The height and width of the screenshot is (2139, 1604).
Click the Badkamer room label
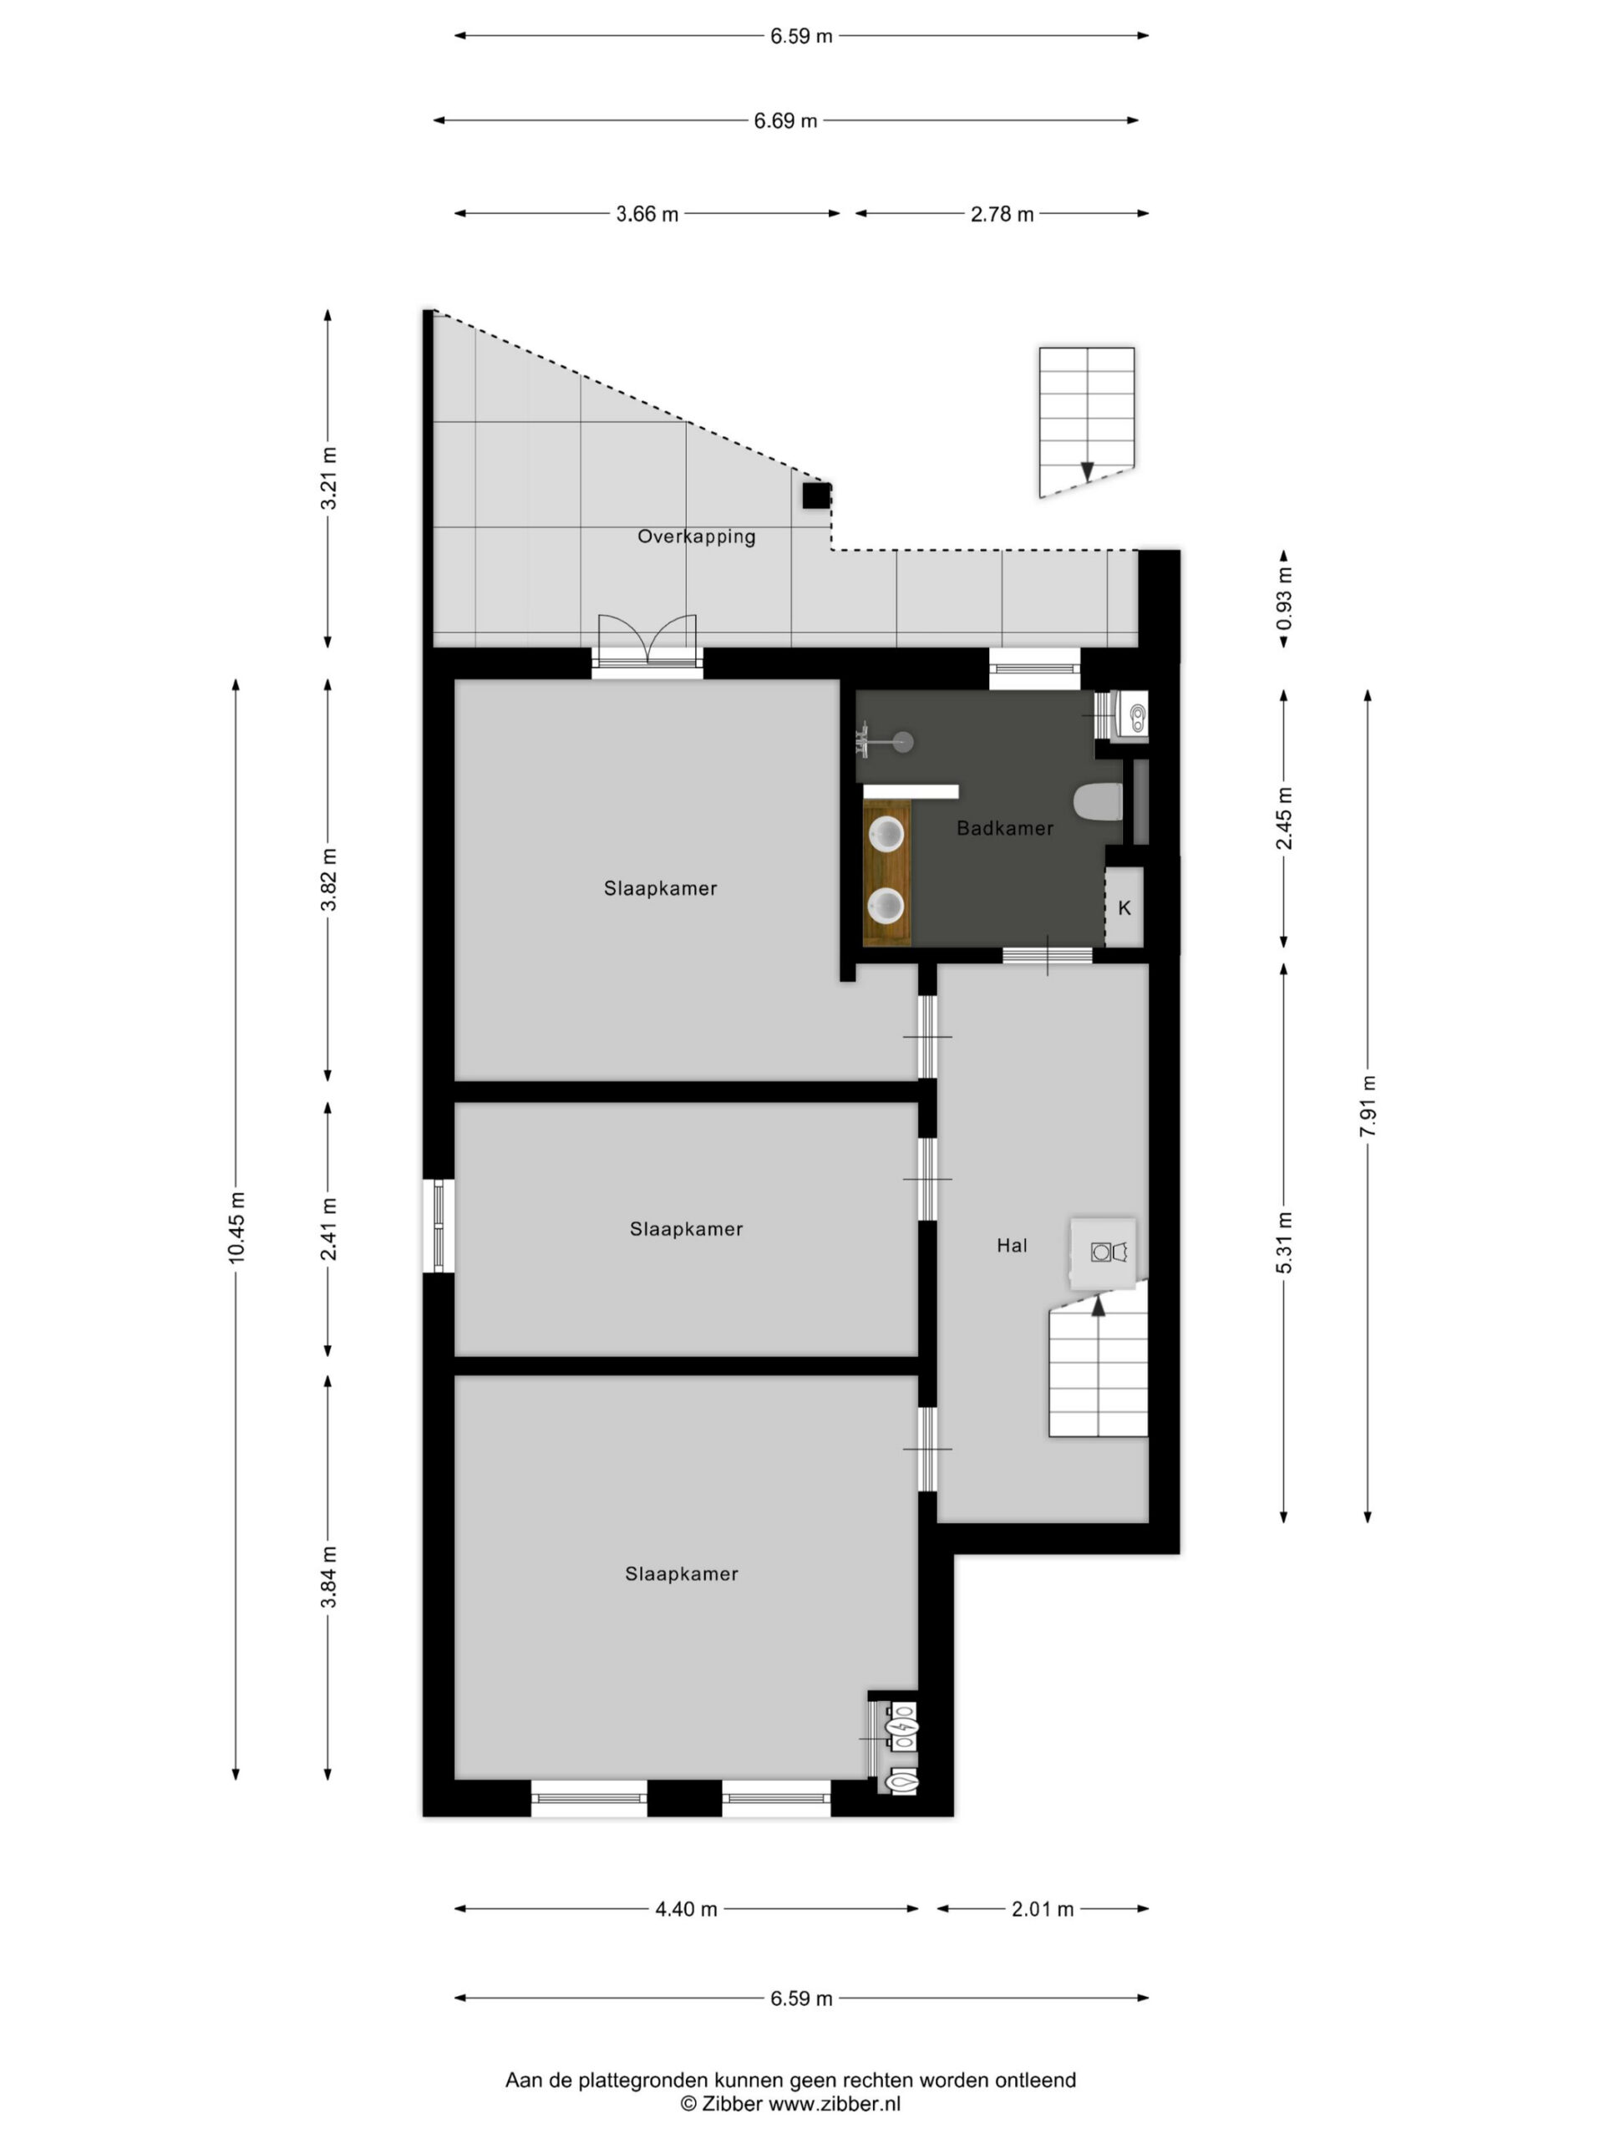coord(1004,828)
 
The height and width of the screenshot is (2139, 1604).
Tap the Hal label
coord(1013,1246)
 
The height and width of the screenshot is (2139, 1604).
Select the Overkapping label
coord(696,536)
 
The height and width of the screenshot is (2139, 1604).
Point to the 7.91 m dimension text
coord(1367,1106)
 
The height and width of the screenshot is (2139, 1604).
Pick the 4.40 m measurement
coord(687,1910)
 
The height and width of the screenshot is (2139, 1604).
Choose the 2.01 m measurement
coord(1043,1910)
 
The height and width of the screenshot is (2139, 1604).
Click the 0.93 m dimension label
coord(1284,597)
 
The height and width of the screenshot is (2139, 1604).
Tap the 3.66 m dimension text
coord(647,214)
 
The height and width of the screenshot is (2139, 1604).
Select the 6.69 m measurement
coord(785,121)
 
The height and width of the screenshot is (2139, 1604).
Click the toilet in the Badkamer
coord(1099,801)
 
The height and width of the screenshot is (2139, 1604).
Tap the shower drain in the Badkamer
coord(903,743)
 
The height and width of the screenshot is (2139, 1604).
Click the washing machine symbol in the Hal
coord(1102,1252)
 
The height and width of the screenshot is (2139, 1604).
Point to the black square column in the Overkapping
coord(816,495)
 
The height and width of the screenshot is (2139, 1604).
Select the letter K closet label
coord(1124,908)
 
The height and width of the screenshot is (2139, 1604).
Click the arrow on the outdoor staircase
coord(1088,472)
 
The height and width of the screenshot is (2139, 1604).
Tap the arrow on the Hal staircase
coord(1099,1305)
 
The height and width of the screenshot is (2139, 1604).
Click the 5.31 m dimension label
coord(1284,1242)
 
